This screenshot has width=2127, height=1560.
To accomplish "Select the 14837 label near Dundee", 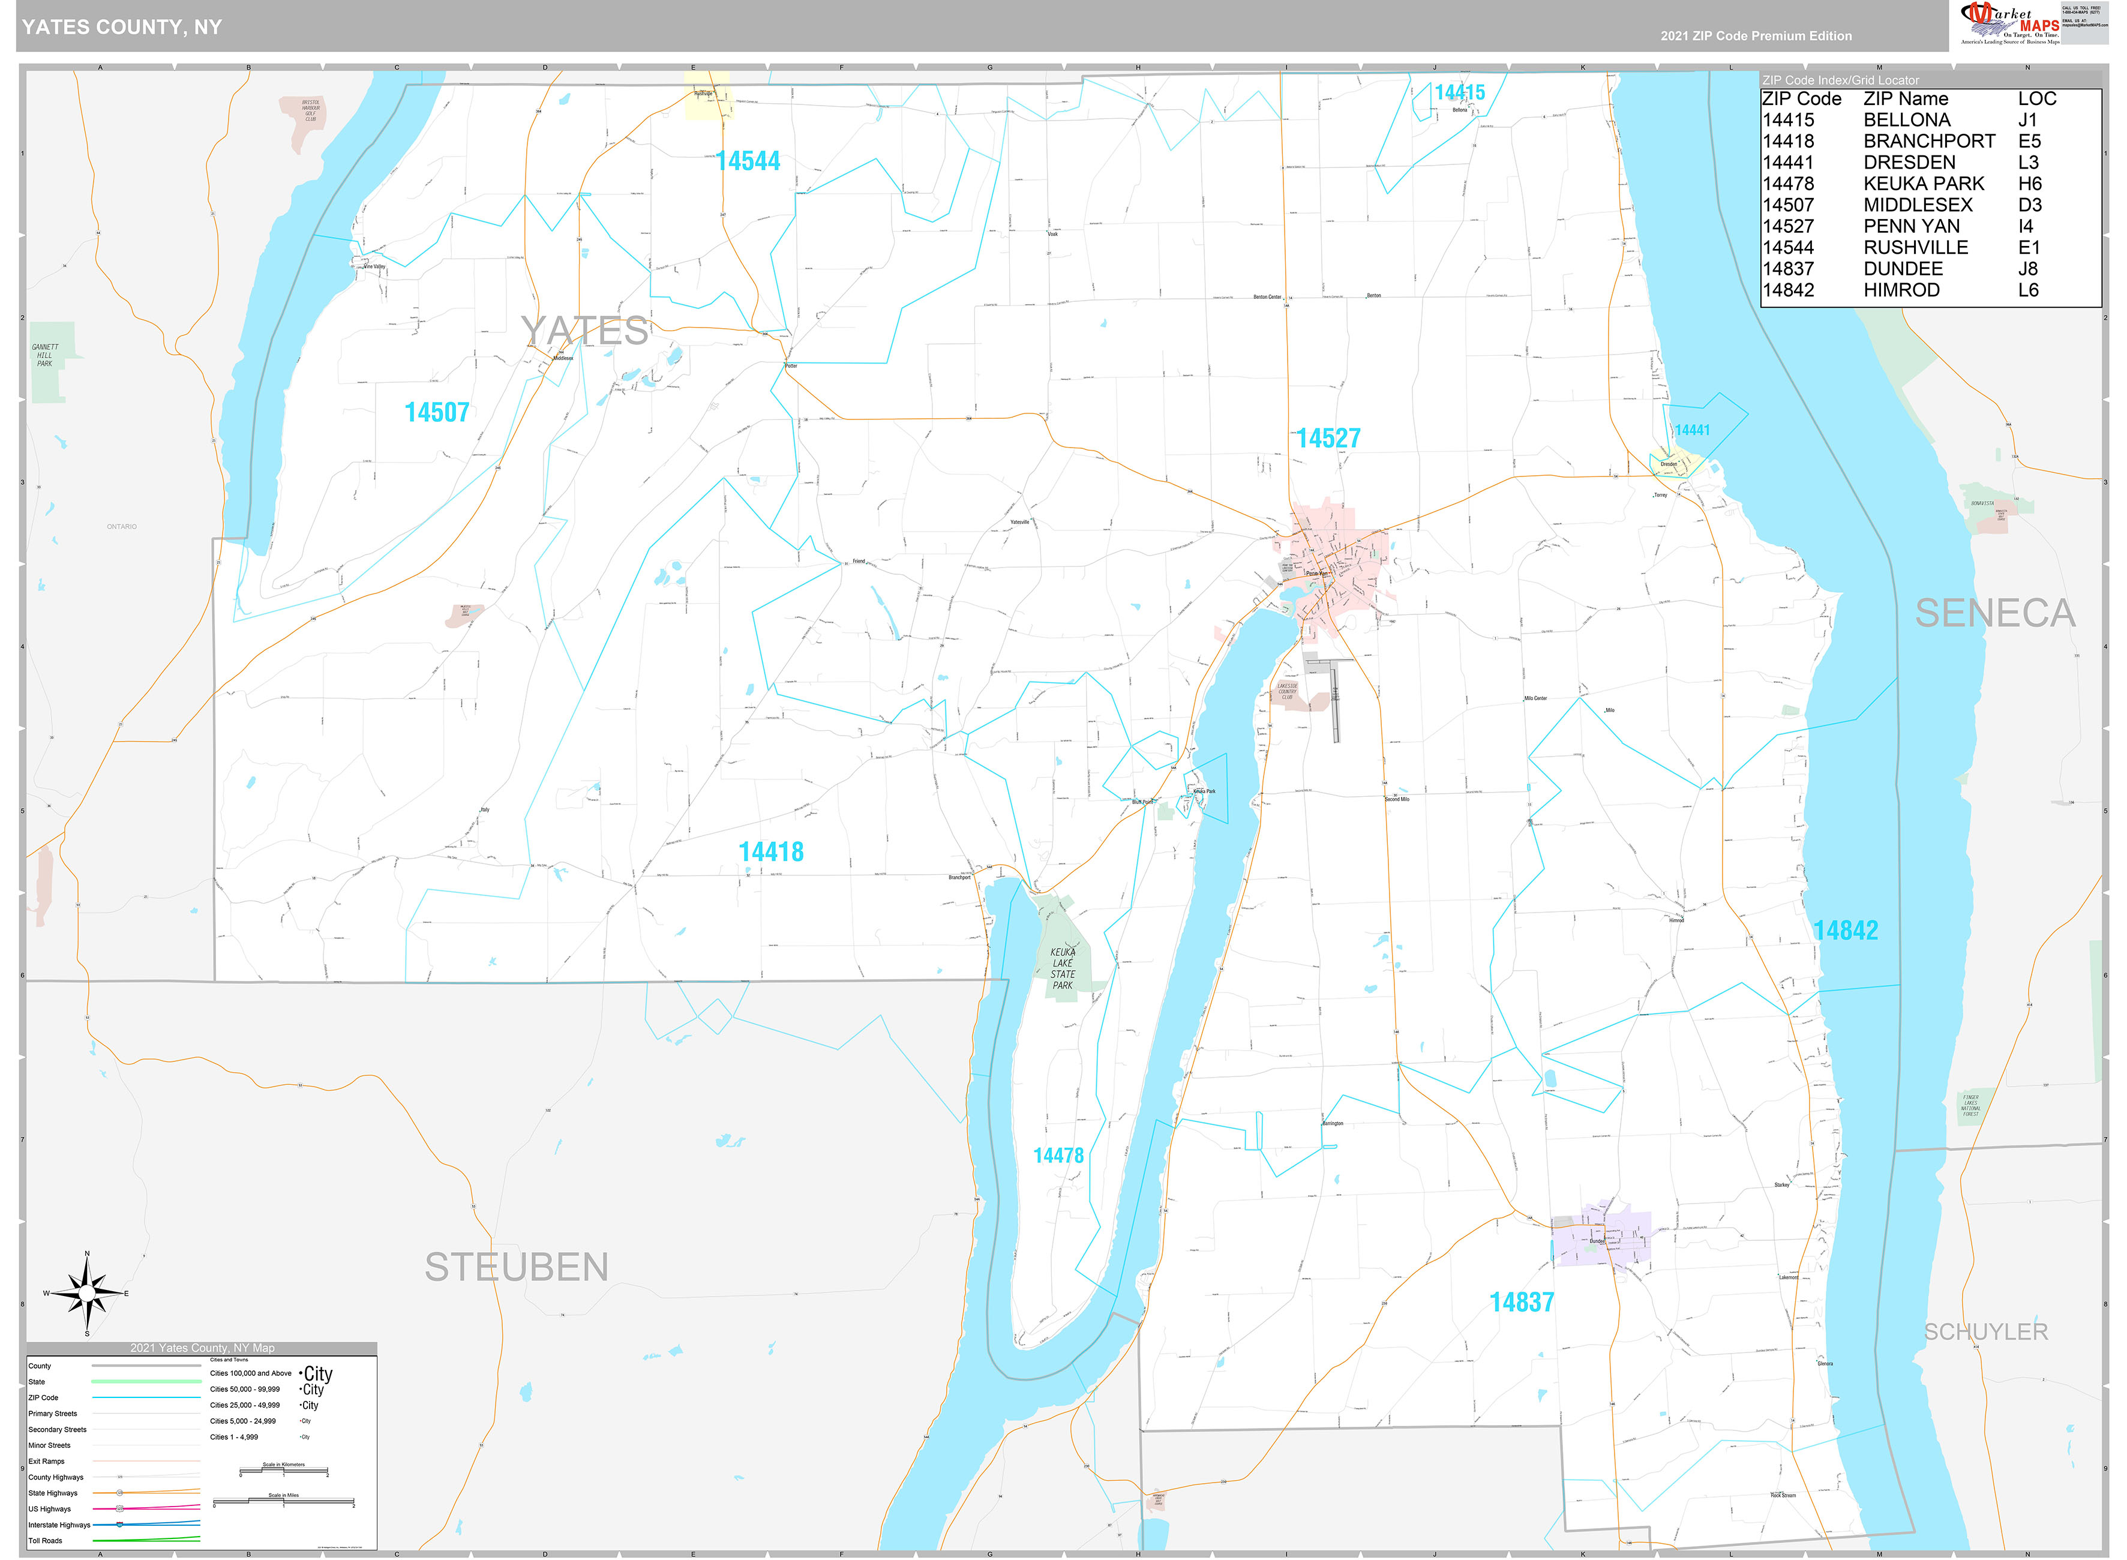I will click(x=1521, y=1302).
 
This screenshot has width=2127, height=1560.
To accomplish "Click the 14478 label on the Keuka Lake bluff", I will click(x=1058, y=1156).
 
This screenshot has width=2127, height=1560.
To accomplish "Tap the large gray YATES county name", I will click(x=584, y=331).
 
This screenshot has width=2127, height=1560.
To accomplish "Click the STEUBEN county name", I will click(x=517, y=1267).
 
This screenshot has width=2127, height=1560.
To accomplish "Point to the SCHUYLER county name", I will click(x=1985, y=1331).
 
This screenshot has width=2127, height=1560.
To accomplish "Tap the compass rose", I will click(x=87, y=1293).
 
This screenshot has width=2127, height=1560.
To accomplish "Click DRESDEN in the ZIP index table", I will click(x=1909, y=163).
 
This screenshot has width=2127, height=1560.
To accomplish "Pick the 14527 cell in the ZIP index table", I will click(x=1787, y=227).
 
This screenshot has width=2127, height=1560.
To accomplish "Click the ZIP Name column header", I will click(x=1905, y=99).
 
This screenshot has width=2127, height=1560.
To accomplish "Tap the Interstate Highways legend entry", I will click(x=59, y=1525).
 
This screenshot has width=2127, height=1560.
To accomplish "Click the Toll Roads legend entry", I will click(x=46, y=1541).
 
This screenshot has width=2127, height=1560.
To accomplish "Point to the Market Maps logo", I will click(x=2009, y=23).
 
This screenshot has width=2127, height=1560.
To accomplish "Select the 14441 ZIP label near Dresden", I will click(x=1692, y=431).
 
